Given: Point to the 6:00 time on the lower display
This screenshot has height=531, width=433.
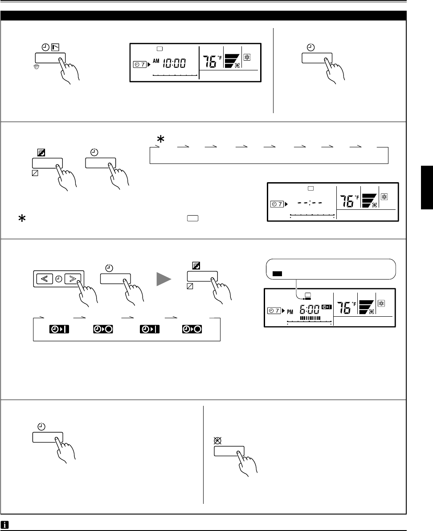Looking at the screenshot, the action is tap(308, 309).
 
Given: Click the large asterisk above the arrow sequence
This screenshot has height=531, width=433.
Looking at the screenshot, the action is tap(160, 140).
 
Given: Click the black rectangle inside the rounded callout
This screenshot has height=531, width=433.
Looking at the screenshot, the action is tap(277, 274).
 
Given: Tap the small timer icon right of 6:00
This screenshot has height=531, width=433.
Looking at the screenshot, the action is tap(327, 306).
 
